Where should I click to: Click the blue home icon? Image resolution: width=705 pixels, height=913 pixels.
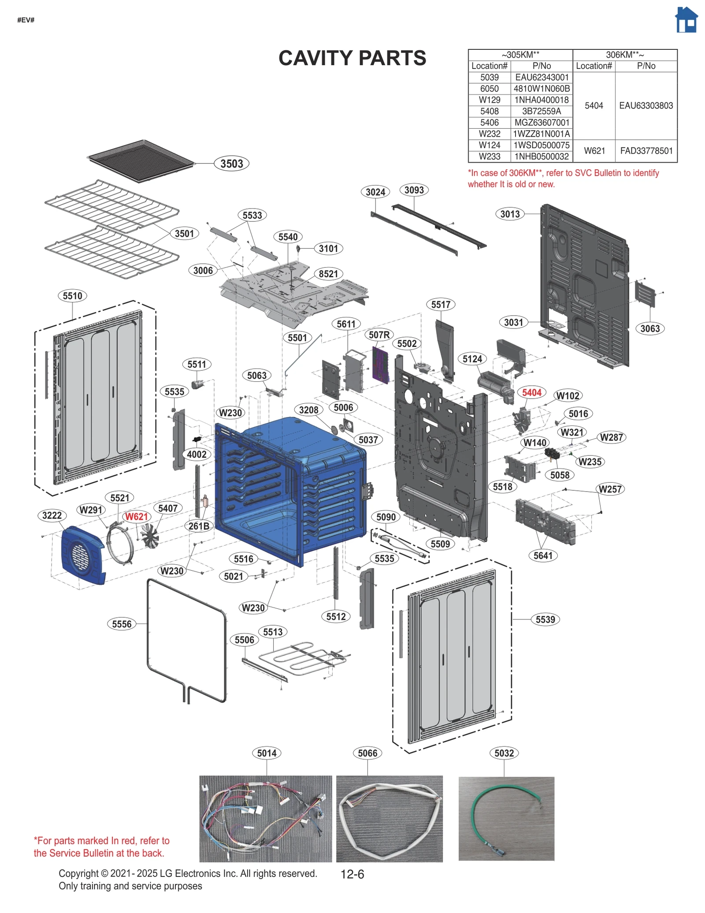coord(686,20)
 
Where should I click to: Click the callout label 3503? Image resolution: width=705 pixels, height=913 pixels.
coord(231,164)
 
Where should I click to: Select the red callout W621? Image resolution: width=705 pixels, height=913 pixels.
coord(136,516)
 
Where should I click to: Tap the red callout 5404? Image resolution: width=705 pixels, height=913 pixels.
coord(531,392)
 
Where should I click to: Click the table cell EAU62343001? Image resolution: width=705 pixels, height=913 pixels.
coord(542,77)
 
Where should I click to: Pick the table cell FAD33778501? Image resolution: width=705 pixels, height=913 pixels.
coord(646,151)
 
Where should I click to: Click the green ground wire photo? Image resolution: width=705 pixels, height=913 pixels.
coord(506,818)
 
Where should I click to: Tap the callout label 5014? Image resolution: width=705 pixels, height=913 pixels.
coord(267,753)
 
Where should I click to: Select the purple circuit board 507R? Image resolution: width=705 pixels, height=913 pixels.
coord(381,365)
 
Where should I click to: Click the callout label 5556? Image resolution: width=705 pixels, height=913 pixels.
coord(122,624)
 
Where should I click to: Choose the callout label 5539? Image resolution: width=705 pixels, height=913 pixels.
coord(545,619)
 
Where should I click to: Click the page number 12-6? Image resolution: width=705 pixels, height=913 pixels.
coord(352,874)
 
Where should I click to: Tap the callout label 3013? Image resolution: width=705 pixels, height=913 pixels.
coord(510,214)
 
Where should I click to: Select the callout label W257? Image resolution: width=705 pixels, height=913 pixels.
coord(610,489)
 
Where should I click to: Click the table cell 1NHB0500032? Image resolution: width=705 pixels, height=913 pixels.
coord(542,157)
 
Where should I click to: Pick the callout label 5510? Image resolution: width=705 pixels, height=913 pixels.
coord(72,296)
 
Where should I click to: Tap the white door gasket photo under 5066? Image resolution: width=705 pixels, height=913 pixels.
coord(389,818)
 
